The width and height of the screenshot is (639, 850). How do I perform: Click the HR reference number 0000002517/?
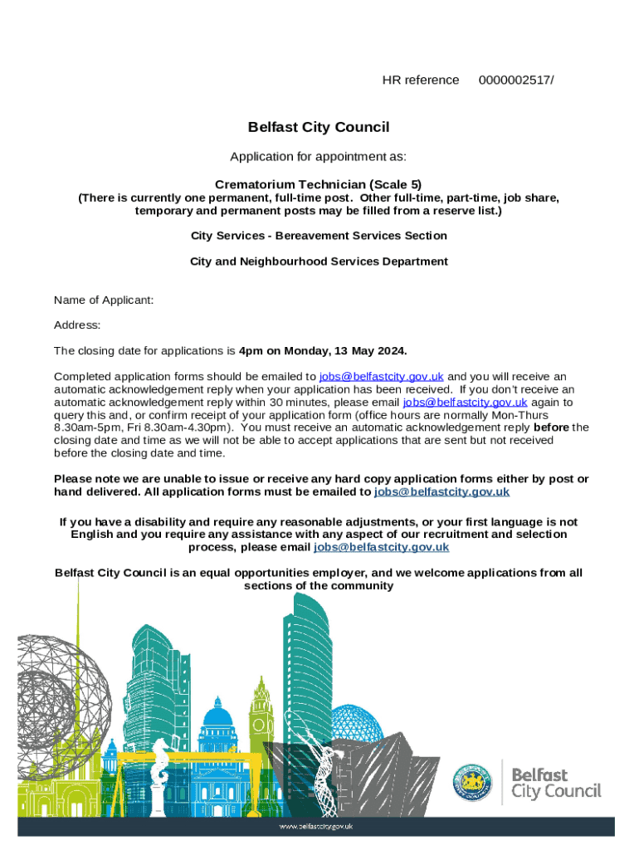pyautogui.click(x=516, y=80)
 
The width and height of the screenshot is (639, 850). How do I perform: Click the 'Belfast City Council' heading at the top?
pyautogui.click(x=319, y=127)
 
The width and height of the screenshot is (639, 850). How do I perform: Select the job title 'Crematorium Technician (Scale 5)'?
pyautogui.click(x=319, y=184)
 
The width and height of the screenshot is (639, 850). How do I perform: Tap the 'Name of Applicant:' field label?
pyautogui.click(x=104, y=300)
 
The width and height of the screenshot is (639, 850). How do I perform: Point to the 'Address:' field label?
pyautogui.click(x=77, y=325)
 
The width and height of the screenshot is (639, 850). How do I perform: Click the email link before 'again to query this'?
pyautogui.click(x=465, y=402)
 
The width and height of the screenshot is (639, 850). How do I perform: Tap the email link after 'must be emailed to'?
pyautogui.click(x=441, y=491)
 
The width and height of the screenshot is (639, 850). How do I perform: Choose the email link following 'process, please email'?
pyautogui.click(x=382, y=547)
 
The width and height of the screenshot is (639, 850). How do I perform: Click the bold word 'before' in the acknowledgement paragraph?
pyautogui.click(x=551, y=427)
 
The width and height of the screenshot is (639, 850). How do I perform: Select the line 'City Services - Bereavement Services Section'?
pyautogui.click(x=319, y=236)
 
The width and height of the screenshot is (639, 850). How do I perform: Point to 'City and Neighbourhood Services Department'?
pyautogui.click(x=319, y=261)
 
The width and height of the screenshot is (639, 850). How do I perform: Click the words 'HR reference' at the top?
pyautogui.click(x=420, y=80)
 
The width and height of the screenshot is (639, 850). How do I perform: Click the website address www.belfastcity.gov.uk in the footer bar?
pyautogui.click(x=319, y=826)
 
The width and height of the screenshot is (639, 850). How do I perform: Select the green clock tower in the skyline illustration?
pyautogui.click(x=262, y=706)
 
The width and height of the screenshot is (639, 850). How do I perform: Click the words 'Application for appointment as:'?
pyautogui.click(x=319, y=157)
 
